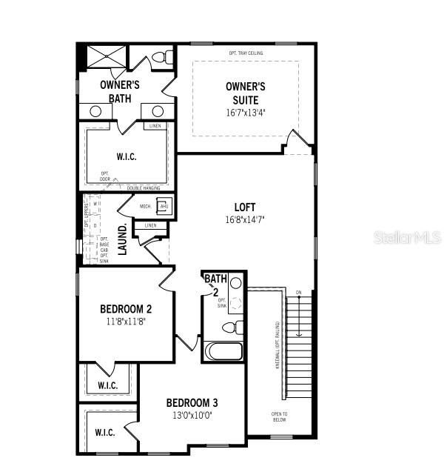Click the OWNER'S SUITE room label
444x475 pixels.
point(245,93)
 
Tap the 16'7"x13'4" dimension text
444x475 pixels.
point(245,113)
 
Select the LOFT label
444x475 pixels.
point(244,207)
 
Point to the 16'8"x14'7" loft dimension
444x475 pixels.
point(244,219)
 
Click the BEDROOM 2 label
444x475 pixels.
point(126,309)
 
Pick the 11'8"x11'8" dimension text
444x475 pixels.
point(126,322)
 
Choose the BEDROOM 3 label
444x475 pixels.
point(192,403)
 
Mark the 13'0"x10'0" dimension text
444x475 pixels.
point(192,416)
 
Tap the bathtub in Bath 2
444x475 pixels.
point(223,351)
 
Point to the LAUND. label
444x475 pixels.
point(123,239)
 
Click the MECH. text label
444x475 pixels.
point(145,206)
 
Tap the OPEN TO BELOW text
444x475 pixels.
point(279,416)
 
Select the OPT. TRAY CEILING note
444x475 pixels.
point(246,53)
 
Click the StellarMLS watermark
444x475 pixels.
point(407,237)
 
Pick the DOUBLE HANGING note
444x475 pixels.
point(144,188)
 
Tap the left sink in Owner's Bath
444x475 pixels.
point(95,111)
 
